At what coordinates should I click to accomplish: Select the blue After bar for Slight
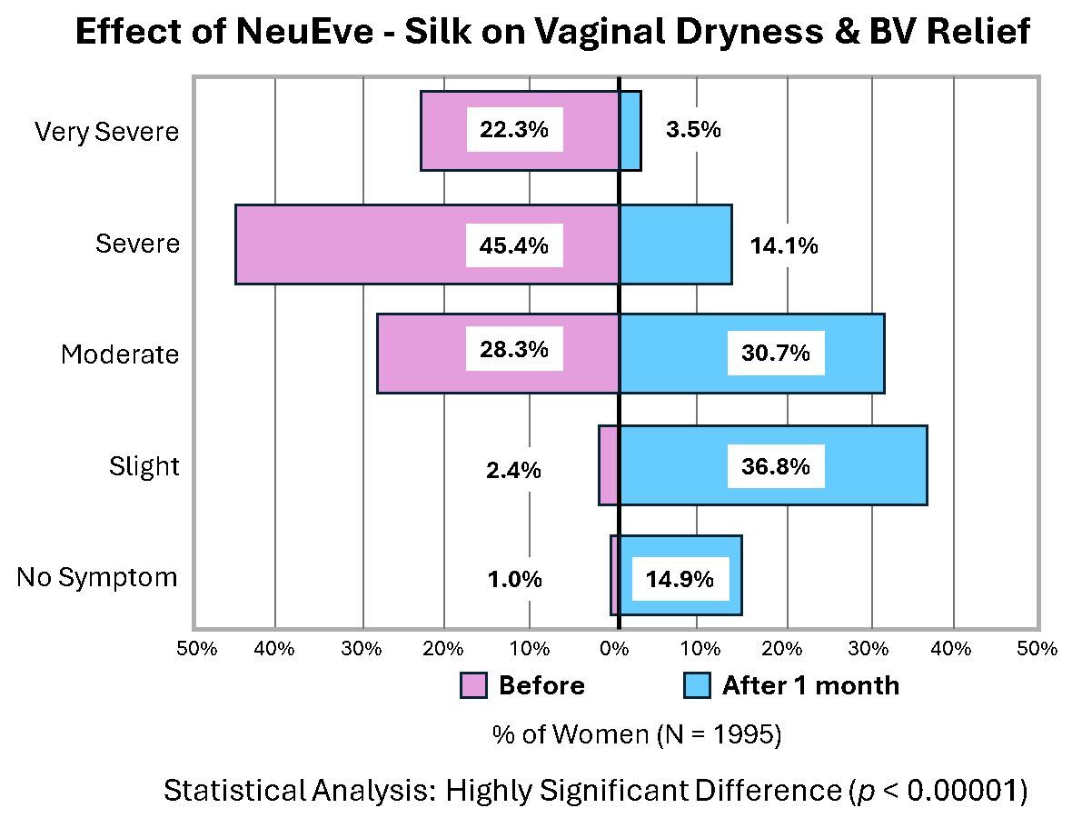pyautogui.click(x=863, y=465)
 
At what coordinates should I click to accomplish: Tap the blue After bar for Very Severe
pyautogui.click(x=630, y=131)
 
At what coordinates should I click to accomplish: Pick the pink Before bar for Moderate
pyautogui.click(x=418, y=354)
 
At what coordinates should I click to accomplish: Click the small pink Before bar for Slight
pyautogui.click(x=609, y=465)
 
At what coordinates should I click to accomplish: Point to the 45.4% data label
pyautogui.click(x=514, y=245)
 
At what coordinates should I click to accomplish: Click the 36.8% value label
pyautogui.click(x=776, y=466)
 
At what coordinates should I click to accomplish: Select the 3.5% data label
pyautogui.click(x=693, y=130)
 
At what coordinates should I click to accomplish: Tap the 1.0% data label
pyautogui.click(x=514, y=580)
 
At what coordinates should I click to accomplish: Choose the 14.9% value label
pyautogui.click(x=680, y=579)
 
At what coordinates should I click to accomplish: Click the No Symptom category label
pyautogui.click(x=97, y=578)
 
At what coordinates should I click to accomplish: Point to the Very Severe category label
pyautogui.click(x=106, y=132)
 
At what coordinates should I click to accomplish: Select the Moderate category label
pyautogui.click(x=120, y=354)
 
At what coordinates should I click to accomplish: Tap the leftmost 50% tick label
pyautogui.click(x=197, y=649)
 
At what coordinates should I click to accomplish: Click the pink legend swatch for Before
pyautogui.click(x=473, y=686)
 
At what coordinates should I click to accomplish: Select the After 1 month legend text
pyautogui.click(x=810, y=686)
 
